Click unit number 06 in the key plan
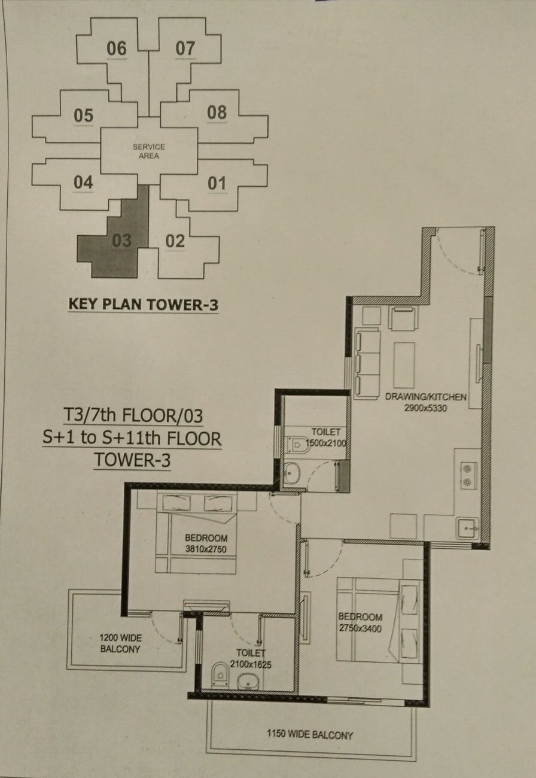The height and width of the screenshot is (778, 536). (x=117, y=48)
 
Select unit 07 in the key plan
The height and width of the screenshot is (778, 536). (x=185, y=48)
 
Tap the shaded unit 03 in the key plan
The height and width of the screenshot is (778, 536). (x=121, y=241)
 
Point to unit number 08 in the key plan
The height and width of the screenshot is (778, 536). (x=217, y=112)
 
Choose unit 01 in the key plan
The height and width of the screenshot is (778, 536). (x=217, y=183)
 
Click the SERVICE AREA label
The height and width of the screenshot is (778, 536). (x=149, y=151)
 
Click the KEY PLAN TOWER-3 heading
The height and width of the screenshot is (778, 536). (x=143, y=304)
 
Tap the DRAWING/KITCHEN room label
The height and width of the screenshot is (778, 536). (x=426, y=397)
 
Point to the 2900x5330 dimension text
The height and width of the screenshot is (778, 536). (x=426, y=408)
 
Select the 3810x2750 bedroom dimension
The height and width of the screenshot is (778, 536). (x=206, y=548)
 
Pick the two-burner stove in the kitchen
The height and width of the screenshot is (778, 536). (x=468, y=475)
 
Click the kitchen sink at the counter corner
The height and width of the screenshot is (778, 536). (x=467, y=528)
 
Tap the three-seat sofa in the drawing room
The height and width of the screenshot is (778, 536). (x=367, y=362)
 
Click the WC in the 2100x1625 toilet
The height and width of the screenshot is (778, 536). (x=220, y=674)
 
